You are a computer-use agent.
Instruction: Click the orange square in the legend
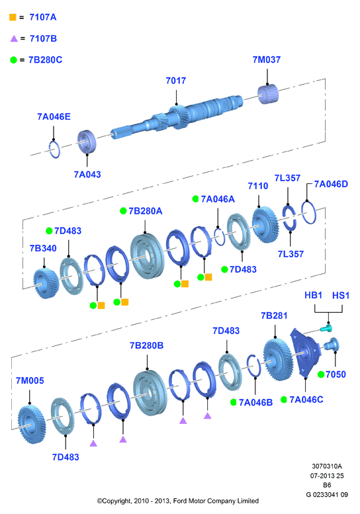pyautogui.click(x=13, y=17)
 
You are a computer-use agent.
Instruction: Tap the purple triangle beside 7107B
pyautogui.click(x=14, y=38)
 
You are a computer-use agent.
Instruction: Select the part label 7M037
pyautogui.click(x=267, y=60)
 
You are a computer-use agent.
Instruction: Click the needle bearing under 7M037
pyautogui.click(x=268, y=94)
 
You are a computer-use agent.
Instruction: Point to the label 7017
pyautogui.click(x=176, y=81)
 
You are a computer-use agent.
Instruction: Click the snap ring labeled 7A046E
pyautogui.click(x=55, y=149)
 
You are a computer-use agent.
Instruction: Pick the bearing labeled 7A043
pyautogui.click(x=87, y=142)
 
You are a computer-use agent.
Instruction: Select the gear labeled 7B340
pyautogui.click(x=46, y=283)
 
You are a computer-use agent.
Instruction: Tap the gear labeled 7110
pyautogui.click(x=265, y=225)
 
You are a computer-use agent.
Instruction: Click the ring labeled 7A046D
pyautogui.click(x=308, y=212)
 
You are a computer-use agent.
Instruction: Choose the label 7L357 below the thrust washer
pyautogui.click(x=291, y=254)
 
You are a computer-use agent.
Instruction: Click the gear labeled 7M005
pyautogui.click(x=32, y=425)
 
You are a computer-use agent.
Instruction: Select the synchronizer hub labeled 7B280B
pyautogui.click(x=150, y=393)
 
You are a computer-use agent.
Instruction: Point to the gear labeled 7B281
pyautogui.click(x=279, y=360)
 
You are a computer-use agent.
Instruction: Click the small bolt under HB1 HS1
pyautogui.click(x=326, y=328)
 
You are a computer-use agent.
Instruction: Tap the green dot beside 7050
pyautogui.click(x=321, y=374)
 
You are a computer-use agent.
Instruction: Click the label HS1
pyautogui.click(x=341, y=296)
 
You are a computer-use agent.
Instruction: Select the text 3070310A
pyautogui.click(x=326, y=466)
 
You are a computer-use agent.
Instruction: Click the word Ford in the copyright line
pyautogui.click(x=180, y=501)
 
